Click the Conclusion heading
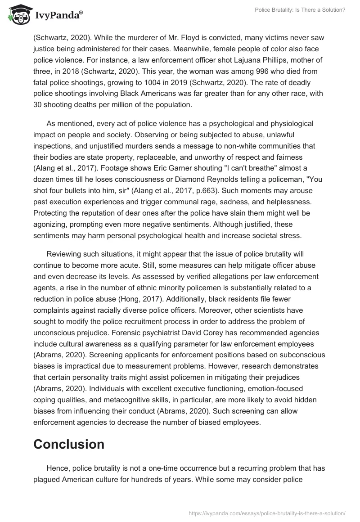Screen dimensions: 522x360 point(69,444)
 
